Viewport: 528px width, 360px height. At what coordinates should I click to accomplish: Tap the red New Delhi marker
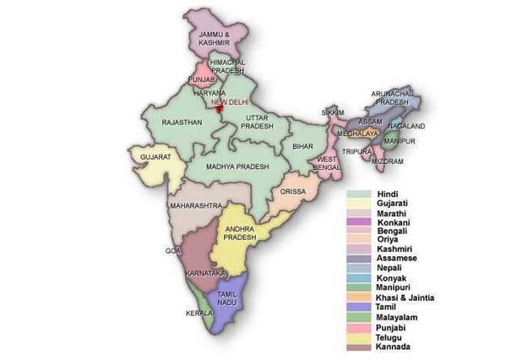(218, 108)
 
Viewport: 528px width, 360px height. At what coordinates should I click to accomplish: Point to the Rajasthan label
(182, 123)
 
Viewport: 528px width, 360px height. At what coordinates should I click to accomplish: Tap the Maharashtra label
(195, 205)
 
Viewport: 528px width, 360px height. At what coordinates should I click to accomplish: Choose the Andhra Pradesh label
(240, 233)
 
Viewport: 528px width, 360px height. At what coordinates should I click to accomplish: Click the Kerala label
(199, 313)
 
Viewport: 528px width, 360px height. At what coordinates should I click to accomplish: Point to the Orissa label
(293, 192)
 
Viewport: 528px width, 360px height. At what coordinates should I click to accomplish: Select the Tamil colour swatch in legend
(359, 307)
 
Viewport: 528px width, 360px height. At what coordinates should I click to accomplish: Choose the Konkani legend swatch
(359, 223)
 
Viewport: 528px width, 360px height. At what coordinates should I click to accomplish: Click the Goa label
(172, 251)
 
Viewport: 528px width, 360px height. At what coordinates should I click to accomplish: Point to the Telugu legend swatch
(359, 337)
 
